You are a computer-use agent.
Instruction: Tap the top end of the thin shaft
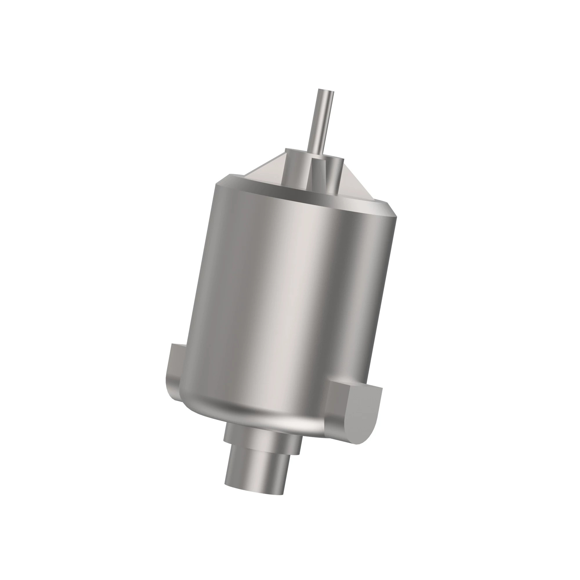[326, 90]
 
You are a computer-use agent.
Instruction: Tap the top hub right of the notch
[336, 174]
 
